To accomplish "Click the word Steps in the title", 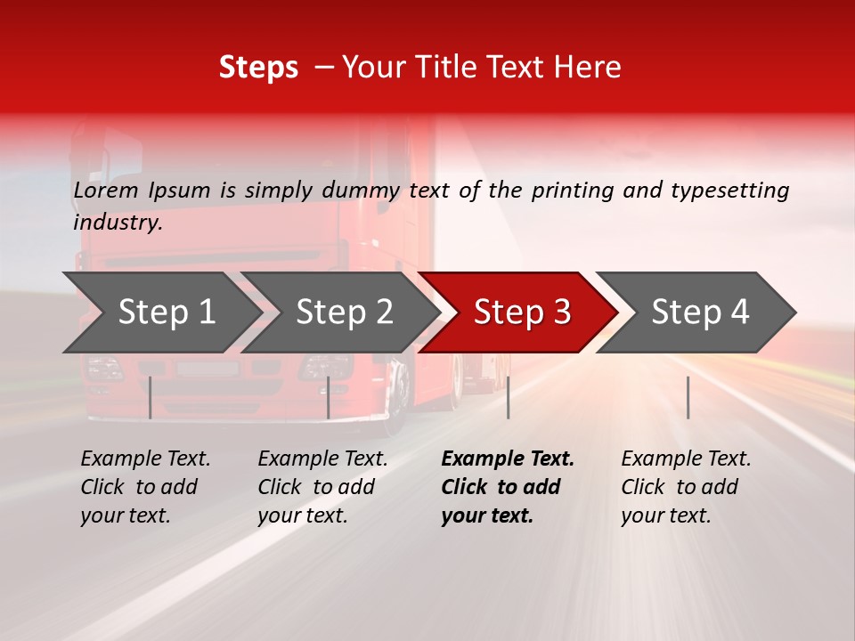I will (258, 68).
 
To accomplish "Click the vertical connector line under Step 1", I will (151, 397).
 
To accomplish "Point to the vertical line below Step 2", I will (329, 397).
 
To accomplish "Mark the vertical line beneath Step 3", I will (509, 397).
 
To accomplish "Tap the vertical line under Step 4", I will (688, 397).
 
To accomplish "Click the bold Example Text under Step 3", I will (508, 459).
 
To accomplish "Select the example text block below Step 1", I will (145, 487).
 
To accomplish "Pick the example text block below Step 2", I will (322, 487).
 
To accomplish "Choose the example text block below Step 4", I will (686, 487).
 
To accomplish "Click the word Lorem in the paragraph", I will (105, 190).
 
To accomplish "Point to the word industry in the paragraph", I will (118, 223).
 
